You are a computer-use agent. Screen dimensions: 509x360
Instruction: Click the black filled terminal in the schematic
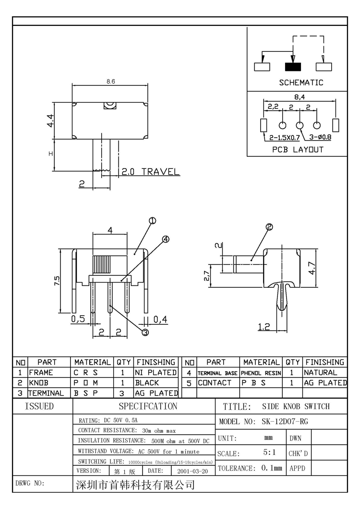(292, 66)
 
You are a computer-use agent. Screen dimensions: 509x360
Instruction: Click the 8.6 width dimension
(110, 82)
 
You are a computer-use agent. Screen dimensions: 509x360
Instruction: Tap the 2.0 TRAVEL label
(150, 172)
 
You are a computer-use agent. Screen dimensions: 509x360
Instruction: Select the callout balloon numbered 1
(153, 221)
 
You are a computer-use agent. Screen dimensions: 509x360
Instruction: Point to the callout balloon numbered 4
(166, 239)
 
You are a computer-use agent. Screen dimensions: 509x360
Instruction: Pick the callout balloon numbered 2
(269, 227)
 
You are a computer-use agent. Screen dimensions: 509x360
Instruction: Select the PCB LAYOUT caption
(298, 149)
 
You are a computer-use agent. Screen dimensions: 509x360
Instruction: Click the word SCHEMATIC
(301, 83)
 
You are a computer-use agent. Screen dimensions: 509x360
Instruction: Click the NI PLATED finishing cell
(156, 372)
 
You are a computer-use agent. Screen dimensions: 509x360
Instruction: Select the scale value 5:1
(269, 452)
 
